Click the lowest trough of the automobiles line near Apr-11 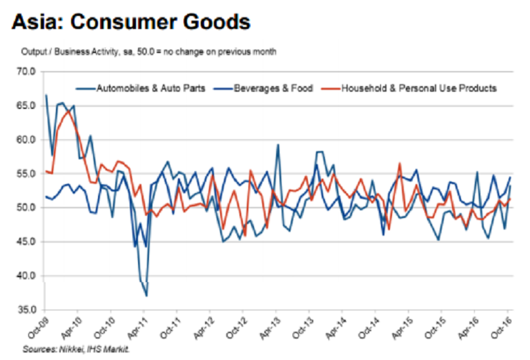coord(146,296)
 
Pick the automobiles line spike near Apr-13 coord(278,145)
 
